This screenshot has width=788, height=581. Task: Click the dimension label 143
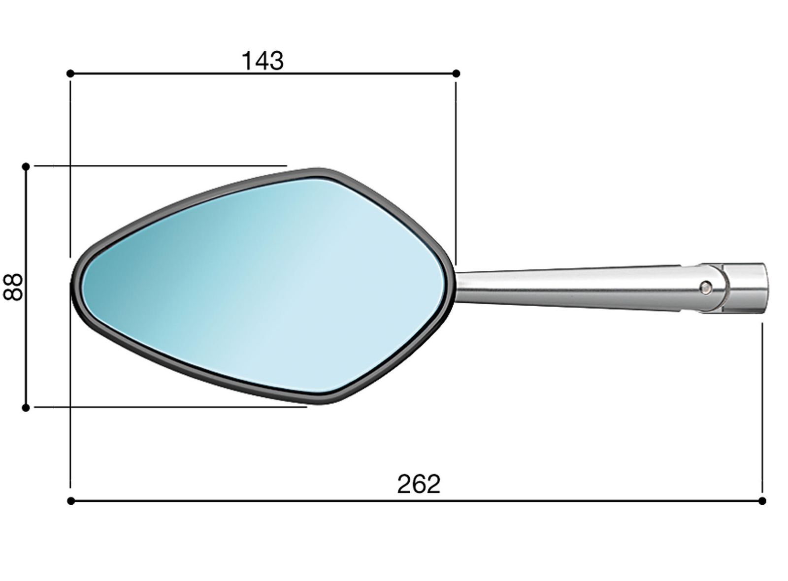point(263,61)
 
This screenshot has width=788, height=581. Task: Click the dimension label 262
point(419,484)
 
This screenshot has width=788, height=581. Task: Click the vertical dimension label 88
point(13,287)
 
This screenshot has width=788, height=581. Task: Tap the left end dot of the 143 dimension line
point(70,73)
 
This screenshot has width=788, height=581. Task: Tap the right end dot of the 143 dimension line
point(456,73)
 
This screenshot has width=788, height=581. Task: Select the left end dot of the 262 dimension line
point(71,501)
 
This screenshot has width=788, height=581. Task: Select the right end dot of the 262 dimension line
point(762,501)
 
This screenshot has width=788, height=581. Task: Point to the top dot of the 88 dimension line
point(26,166)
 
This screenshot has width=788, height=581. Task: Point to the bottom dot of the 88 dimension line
point(26,408)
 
